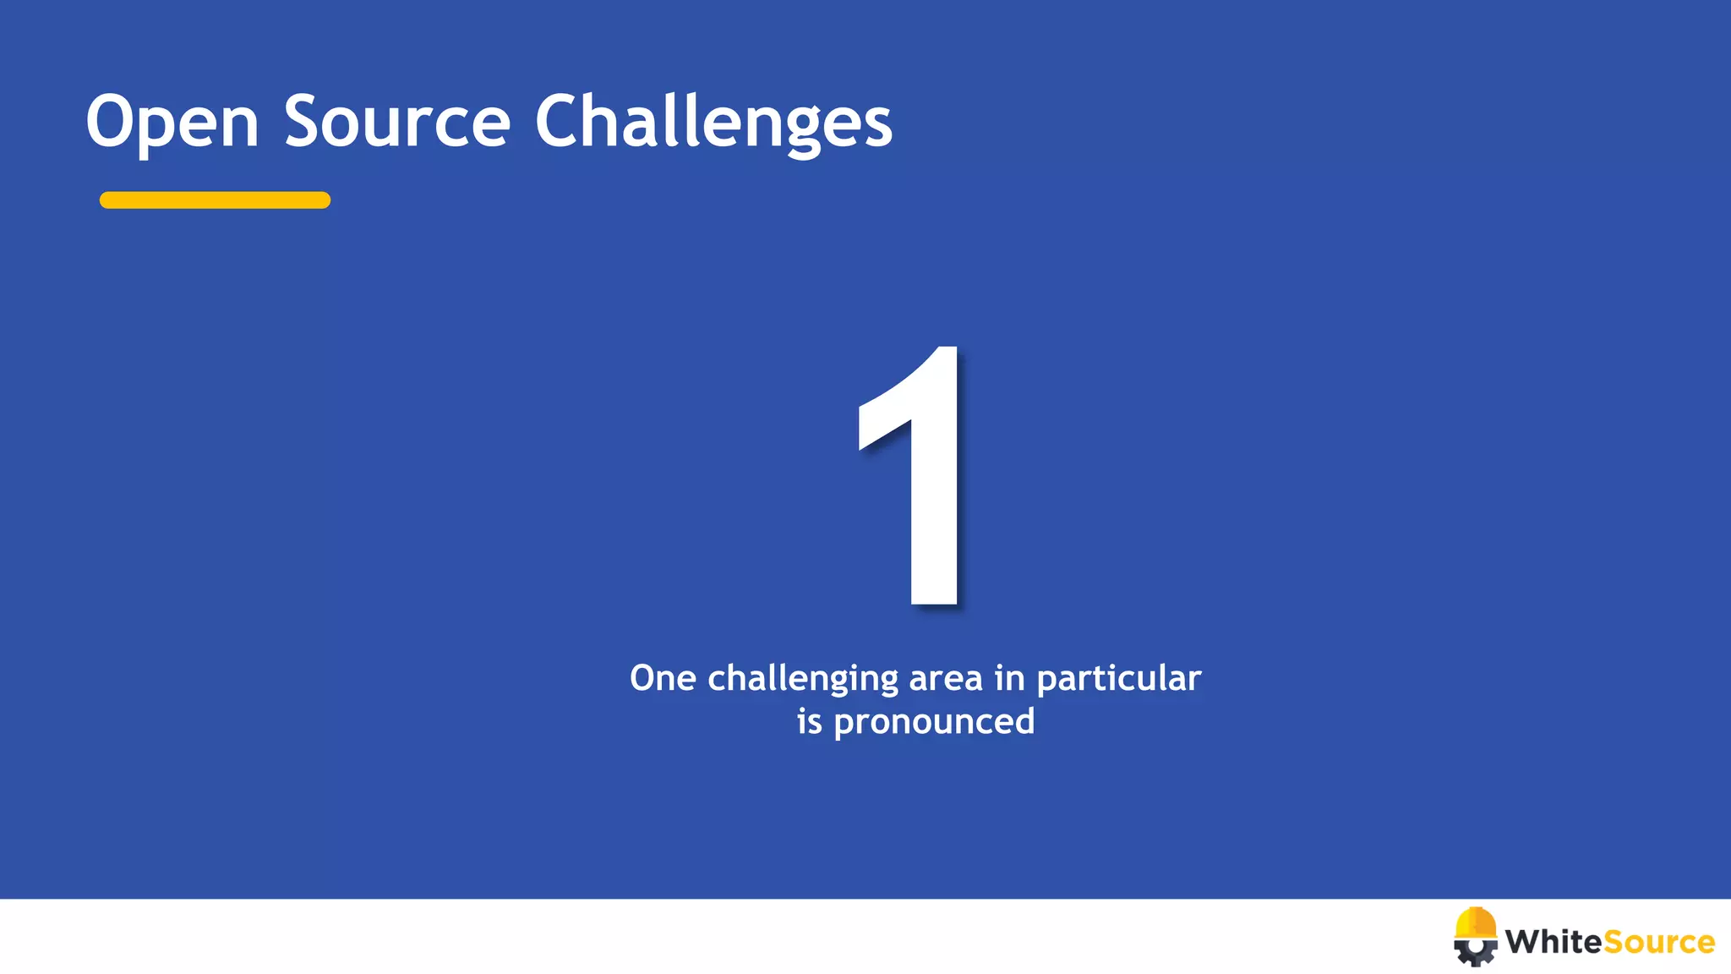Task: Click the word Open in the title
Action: click(x=172, y=123)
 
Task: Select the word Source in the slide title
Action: click(x=396, y=122)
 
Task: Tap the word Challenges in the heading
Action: click(x=713, y=123)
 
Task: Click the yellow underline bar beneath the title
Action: click(x=215, y=200)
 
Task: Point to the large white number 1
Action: click(x=917, y=478)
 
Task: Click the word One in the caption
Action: click(x=663, y=678)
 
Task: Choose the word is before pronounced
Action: click(x=809, y=721)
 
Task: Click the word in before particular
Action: click(x=1009, y=678)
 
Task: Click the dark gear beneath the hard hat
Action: click(x=1475, y=954)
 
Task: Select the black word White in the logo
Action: click(x=1553, y=942)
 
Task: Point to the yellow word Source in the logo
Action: click(x=1658, y=942)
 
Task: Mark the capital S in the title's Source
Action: click(x=304, y=122)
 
